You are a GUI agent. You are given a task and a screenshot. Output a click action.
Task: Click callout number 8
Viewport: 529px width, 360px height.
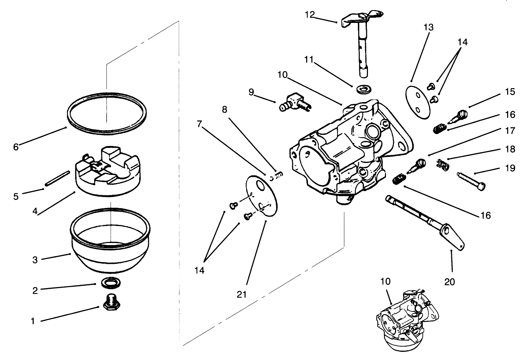tap(225, 110)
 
